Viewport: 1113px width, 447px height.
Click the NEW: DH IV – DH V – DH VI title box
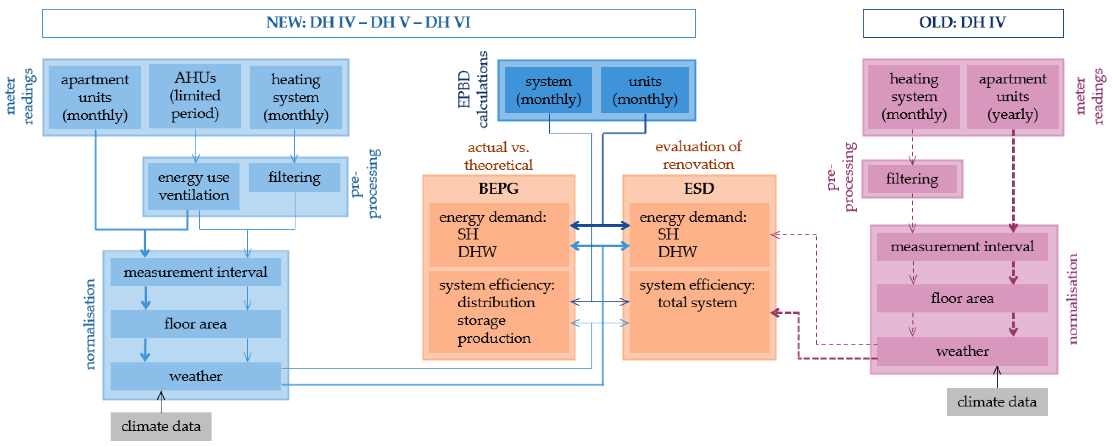(368, 23)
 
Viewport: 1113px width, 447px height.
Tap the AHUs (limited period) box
(195, 96)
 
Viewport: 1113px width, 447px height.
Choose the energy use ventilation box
(194, 186)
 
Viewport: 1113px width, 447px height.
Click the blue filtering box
(294, 177)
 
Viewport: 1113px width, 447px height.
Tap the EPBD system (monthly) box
(548, 90)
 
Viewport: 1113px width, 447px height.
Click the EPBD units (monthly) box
(645, 90)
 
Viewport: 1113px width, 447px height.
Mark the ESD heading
(699, 189)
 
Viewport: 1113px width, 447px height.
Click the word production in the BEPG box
(494, 338)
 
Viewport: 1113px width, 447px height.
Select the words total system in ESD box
(697, 303)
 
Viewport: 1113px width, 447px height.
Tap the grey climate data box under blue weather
(161, 426)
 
